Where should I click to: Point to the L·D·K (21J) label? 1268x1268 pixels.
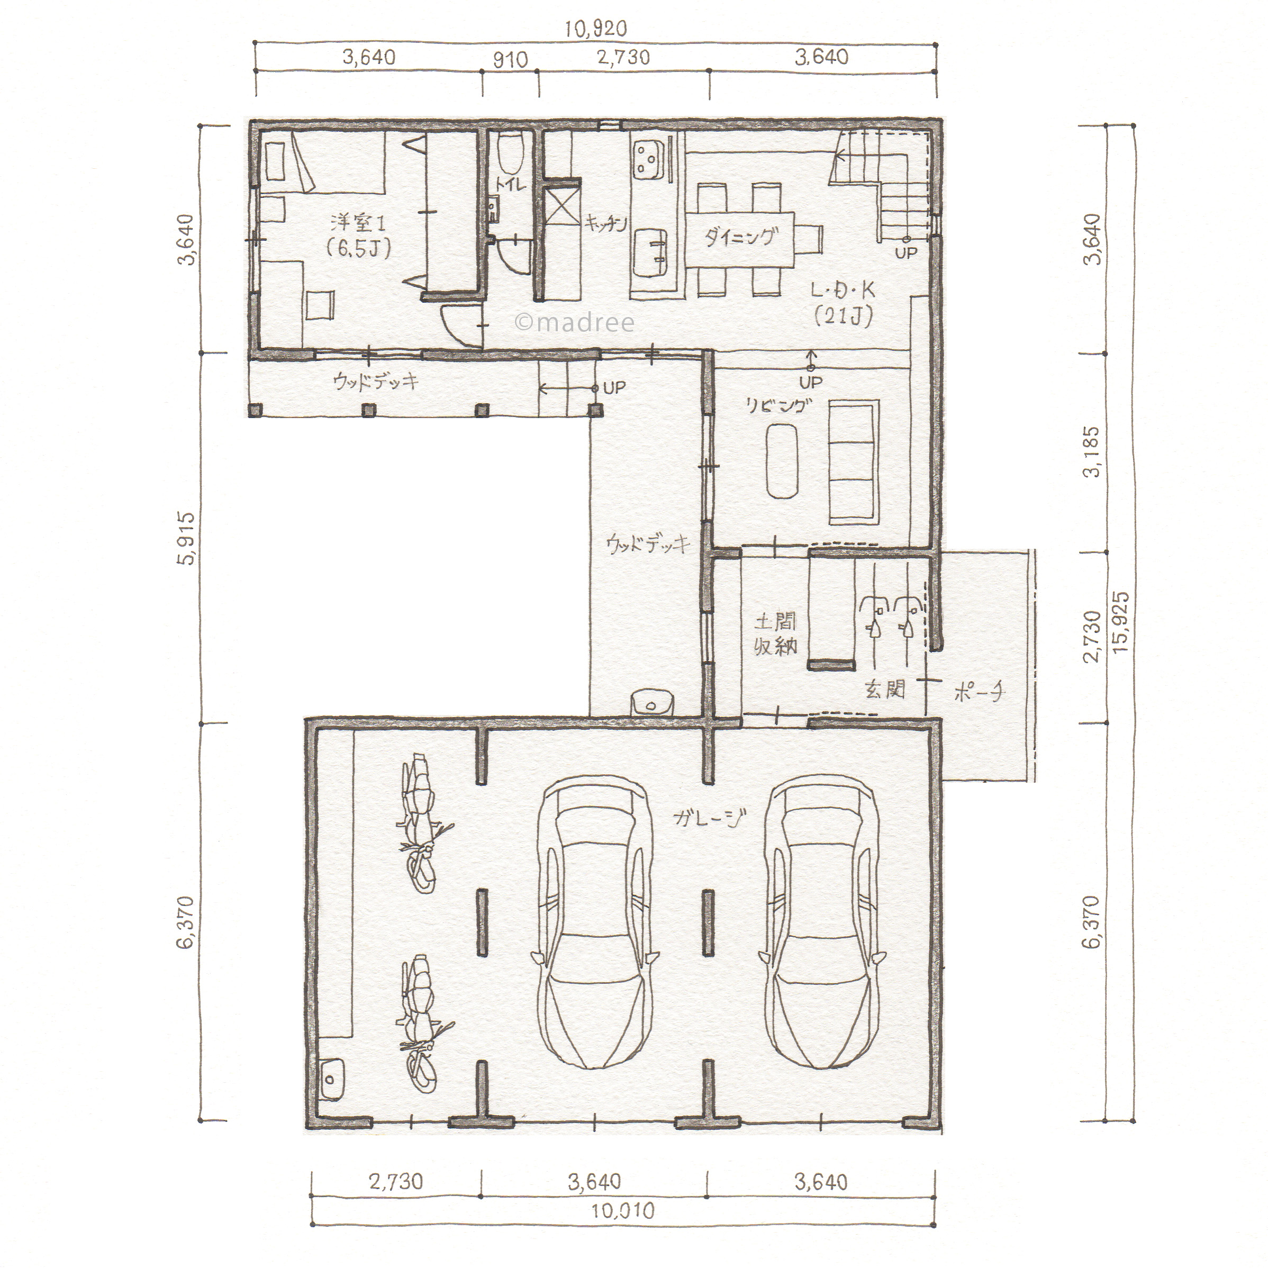tap(844, 304)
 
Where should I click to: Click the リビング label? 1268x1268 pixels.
tap(775, 406)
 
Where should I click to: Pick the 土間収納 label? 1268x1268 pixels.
tap(775, 633)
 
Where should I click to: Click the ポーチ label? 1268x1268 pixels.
tap(979, 692)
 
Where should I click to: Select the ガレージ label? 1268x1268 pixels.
tap(710, 818)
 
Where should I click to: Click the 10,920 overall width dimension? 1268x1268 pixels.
tap(595, 28)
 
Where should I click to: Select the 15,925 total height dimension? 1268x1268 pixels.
tap(1121, 621)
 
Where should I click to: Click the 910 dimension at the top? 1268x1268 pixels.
tap(510, 60)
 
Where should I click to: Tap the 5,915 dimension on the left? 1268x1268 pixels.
tap(186, 538)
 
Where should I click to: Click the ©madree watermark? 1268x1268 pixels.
tap(575, 322)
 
